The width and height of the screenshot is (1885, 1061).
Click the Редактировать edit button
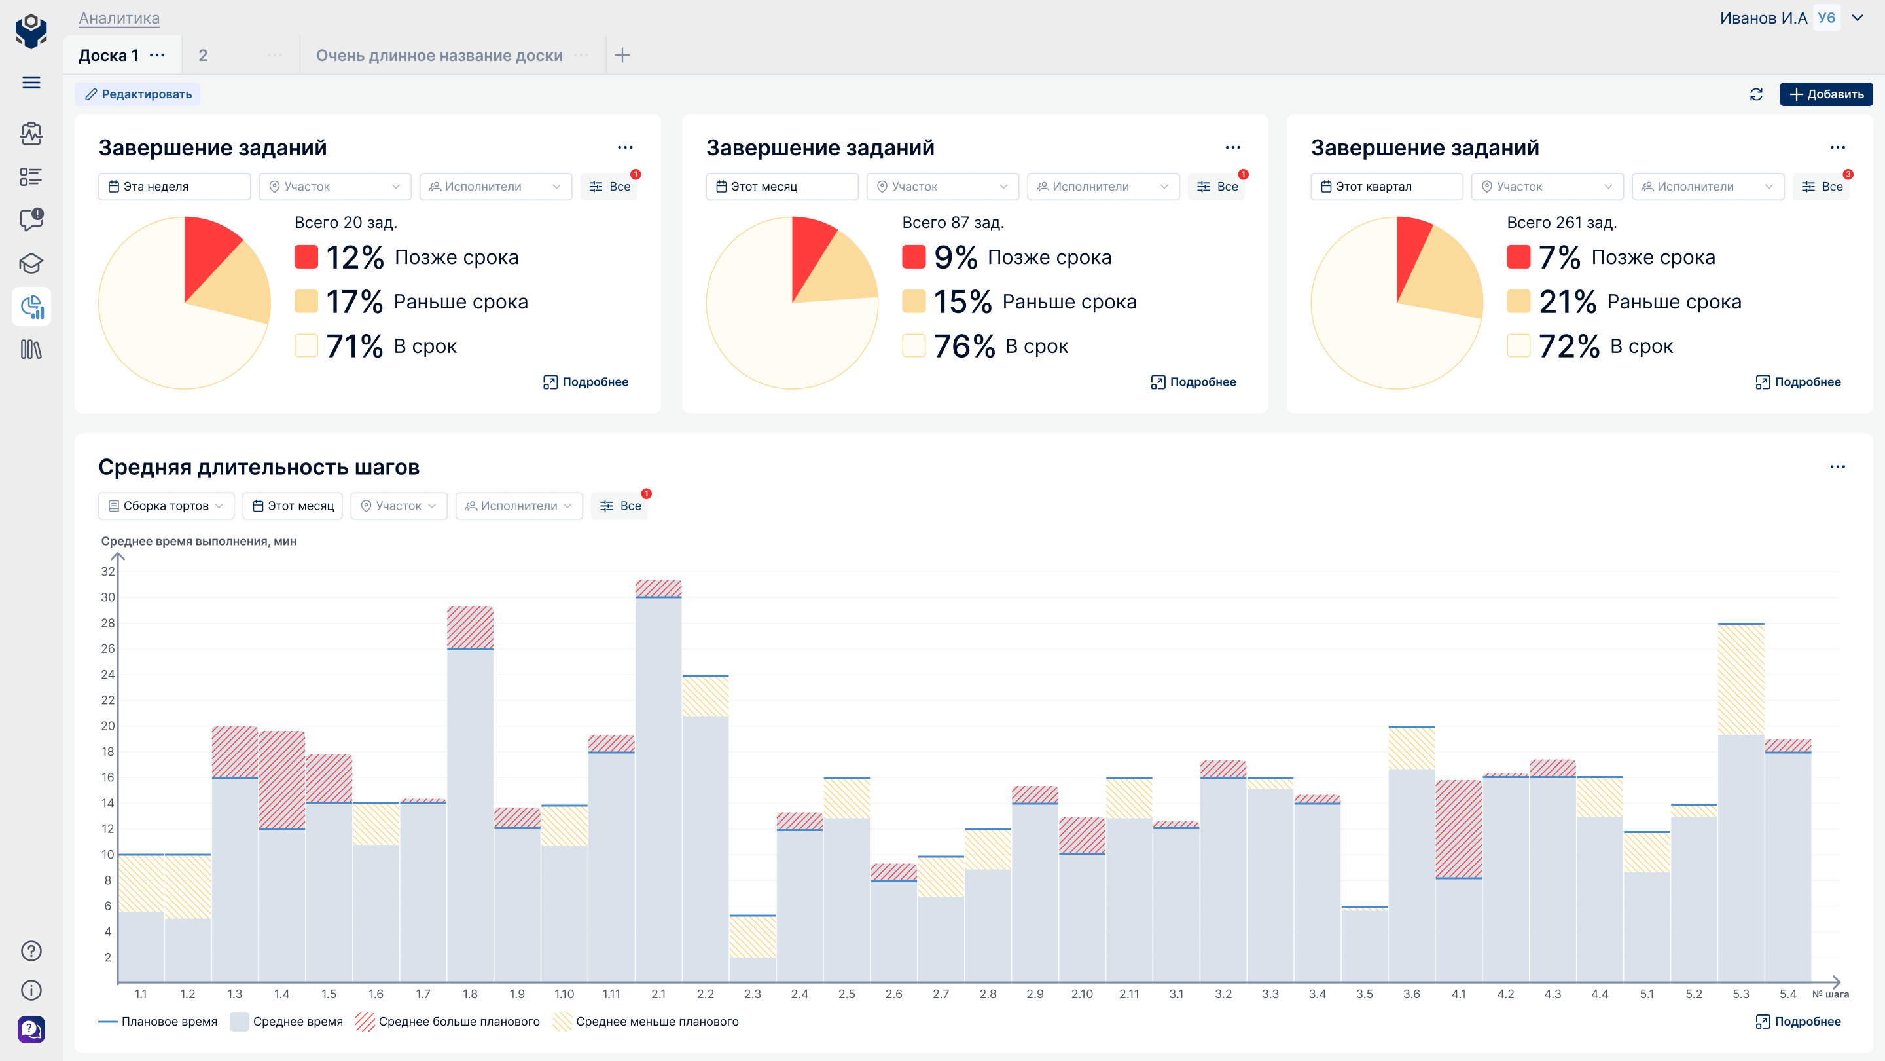137,94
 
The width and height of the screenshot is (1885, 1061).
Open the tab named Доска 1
108,56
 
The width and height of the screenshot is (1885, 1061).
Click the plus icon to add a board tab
622,55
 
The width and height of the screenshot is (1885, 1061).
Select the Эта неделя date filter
174,187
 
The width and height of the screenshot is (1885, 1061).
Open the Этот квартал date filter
1386,187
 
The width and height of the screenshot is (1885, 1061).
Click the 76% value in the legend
965,346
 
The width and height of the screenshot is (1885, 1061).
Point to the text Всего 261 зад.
1562,223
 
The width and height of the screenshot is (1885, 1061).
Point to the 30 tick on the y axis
107,597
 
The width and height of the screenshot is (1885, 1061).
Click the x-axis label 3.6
1412,994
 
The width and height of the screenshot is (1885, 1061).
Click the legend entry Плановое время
158,1022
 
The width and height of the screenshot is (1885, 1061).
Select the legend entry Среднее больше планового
448,1022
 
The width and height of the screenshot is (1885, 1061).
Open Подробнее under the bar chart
1798,1022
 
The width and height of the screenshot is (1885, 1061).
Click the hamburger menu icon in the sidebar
31,83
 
